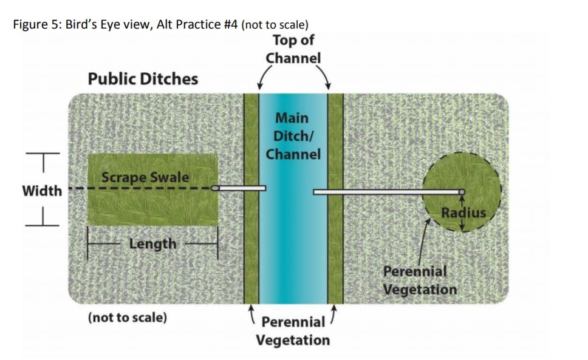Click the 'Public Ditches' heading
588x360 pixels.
click(x=143, y=79)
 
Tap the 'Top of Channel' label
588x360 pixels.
click(x=293, y=49)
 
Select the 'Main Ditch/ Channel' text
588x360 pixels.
click(x=293, y=135)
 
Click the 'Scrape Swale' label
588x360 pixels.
click(x=145, y=177)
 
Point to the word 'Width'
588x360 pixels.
click(x=42, y=191)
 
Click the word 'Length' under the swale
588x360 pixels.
click(x=152, y=243)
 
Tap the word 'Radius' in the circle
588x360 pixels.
click(x=463, y=212)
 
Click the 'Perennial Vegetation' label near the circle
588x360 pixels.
click(x=419, y=280)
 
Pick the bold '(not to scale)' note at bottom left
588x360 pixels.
click(x=127, y=317)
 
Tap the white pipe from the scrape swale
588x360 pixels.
click(x=241, y=188)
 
